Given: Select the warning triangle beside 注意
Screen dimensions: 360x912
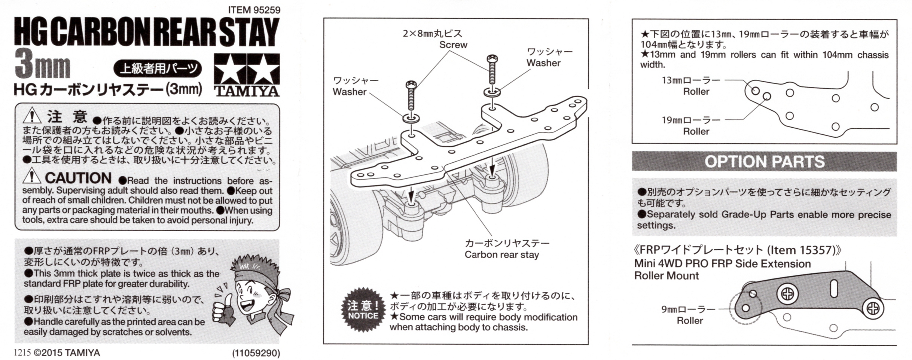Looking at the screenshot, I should tap(32, 115).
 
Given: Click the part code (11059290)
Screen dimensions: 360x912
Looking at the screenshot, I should tap(256, 353).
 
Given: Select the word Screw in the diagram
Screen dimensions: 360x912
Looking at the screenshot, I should tap(453, 45).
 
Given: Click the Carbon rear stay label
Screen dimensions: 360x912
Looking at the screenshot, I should tap(502, 254).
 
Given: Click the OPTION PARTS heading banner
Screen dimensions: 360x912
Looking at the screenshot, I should tap(764, 162).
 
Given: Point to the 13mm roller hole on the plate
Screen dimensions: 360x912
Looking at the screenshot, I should tap(755, 91).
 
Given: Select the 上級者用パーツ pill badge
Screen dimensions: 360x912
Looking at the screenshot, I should tap(158, 68).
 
